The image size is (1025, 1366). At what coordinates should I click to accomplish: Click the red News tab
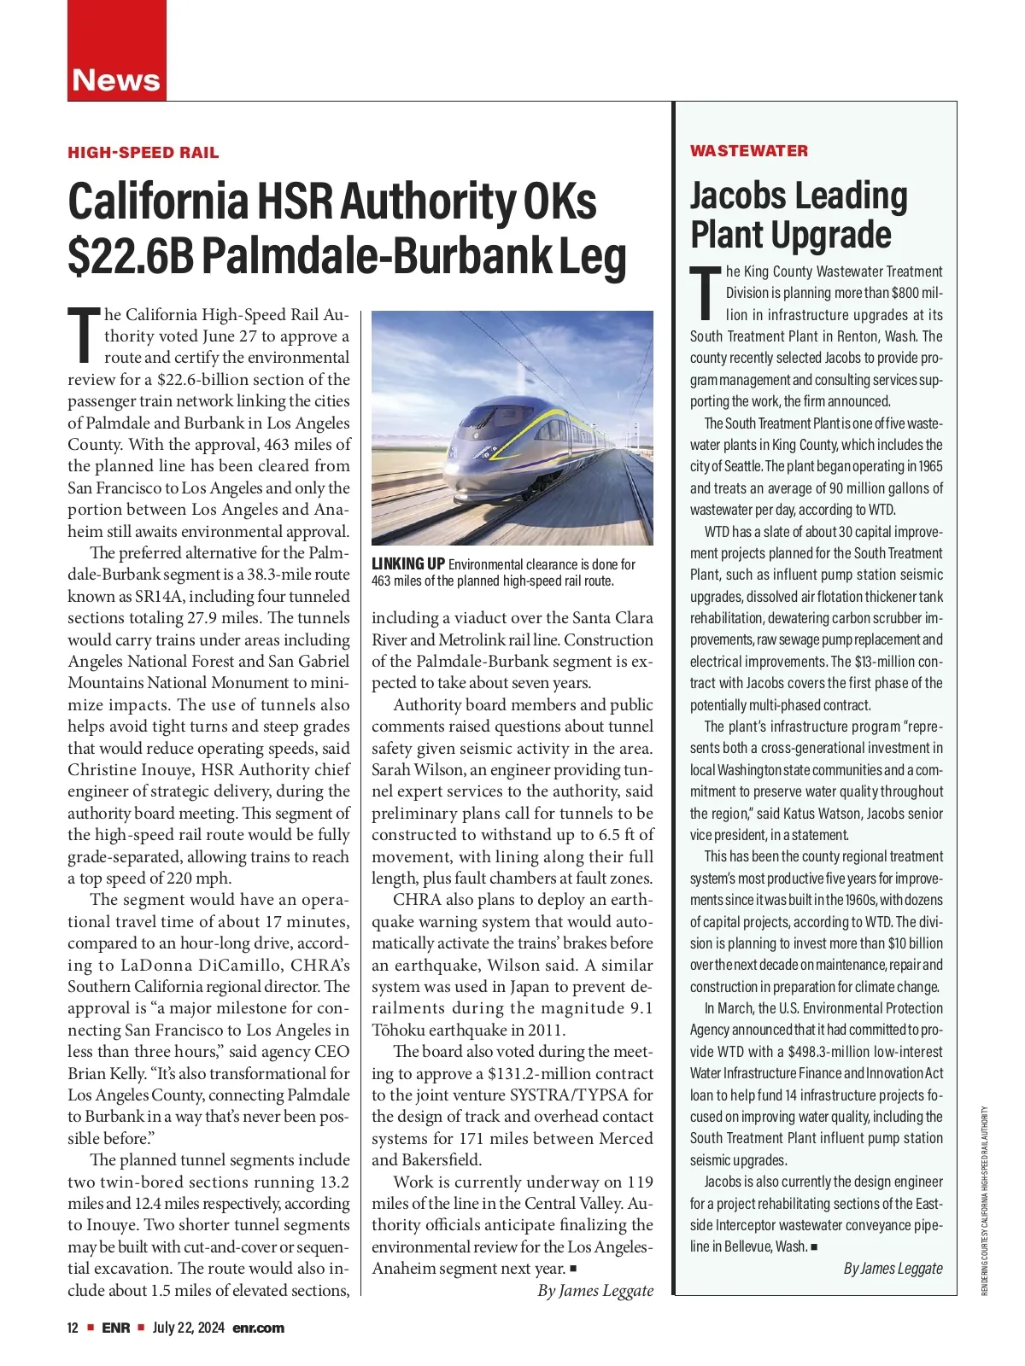point(116,79)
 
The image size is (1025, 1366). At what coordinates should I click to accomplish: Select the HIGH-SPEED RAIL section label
point(143,153)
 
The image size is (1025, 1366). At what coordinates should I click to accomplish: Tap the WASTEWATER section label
point(748,151)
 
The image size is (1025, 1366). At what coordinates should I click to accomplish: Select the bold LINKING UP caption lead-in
point(408,564)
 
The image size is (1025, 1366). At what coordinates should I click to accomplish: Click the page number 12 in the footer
point(73,1328)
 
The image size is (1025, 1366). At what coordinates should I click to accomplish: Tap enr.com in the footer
point(258,1328)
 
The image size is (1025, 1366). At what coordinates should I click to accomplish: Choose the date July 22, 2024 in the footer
point(189,1328)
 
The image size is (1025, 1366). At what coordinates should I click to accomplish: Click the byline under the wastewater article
point(893,1268)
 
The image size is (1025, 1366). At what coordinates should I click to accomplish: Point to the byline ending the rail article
point(595,1290)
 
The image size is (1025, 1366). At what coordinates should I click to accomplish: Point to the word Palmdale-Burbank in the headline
point(376,254)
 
